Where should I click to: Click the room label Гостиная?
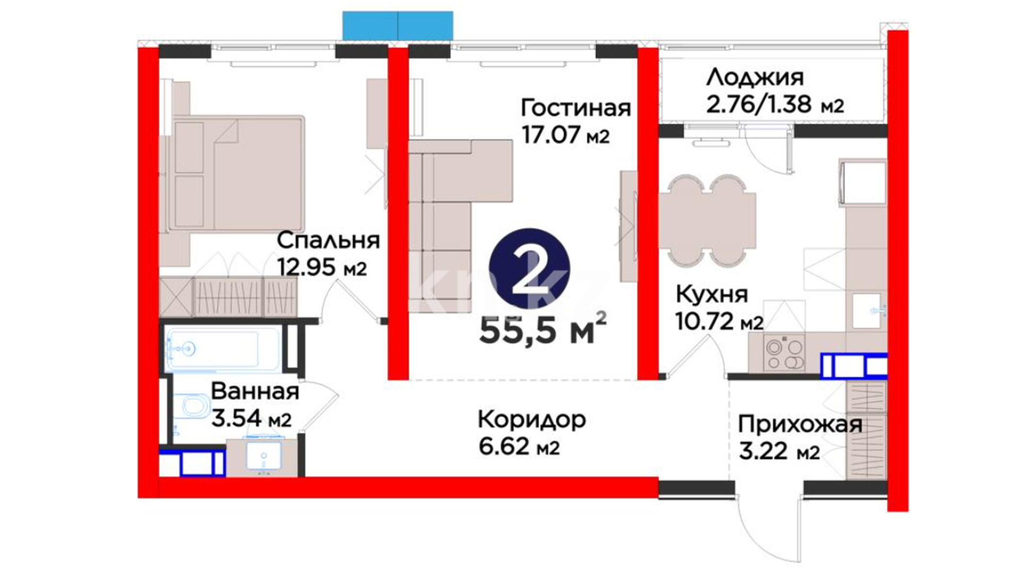click(576, 108)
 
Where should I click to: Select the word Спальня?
click(328, 241)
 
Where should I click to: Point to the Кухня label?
click(712, 294)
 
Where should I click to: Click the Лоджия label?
click(755, 78)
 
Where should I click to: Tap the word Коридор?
click(532, 420)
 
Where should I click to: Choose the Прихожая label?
click(800, 425)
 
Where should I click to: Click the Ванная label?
click(255, 392)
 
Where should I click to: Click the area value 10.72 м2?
click(719, 320)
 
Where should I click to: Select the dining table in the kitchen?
click(707, 219)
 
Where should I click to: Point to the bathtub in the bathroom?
click(223, 349)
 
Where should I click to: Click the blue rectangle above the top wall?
click(398, 26)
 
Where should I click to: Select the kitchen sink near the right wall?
click(869, 311)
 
